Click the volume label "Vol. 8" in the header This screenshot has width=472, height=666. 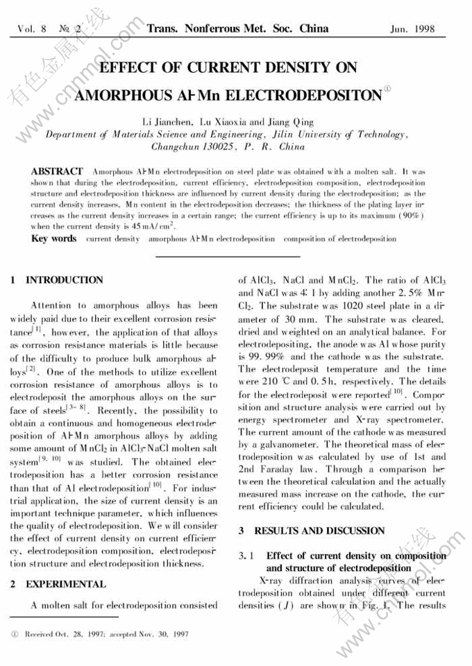32,29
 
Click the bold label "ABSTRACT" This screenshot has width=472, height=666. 58,171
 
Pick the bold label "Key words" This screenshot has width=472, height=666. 54,239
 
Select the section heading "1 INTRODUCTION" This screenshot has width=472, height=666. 57,280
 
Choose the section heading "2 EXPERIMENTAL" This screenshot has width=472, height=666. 58,584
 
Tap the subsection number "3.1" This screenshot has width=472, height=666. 248,556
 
